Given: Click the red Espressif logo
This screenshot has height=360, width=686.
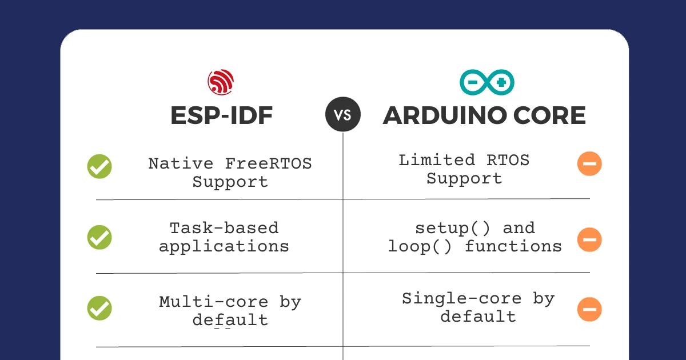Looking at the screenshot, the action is click(221, 82).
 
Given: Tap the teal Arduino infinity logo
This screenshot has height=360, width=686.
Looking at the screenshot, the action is click(487, 82).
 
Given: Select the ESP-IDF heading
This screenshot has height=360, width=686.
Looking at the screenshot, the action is click(221, 115).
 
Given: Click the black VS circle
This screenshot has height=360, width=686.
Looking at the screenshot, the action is click(343, 114).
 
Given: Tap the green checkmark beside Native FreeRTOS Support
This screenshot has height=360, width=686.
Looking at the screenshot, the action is click(99, 166).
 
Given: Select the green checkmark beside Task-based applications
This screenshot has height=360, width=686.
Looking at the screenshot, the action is click(99, 237).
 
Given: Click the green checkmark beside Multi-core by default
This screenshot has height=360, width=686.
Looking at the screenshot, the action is click(99, 308).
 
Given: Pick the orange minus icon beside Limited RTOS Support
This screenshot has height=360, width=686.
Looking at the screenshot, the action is click(589, 163).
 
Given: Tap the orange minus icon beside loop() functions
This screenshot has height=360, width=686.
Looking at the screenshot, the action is click(589, 239).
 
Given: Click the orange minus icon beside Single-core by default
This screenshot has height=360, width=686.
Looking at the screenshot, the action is click(589, 309).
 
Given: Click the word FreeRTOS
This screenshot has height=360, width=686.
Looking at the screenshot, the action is click(268, 163).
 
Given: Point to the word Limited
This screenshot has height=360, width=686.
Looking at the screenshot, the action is click(437, 160).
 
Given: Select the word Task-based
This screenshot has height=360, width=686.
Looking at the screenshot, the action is click(224, 228).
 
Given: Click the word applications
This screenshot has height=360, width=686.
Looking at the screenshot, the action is click(224, 247).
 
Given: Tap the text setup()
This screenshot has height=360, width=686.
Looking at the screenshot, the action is click(452, 228).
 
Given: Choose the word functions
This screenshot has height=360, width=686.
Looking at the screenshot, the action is click(513, 246).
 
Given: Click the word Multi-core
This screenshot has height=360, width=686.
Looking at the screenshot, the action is click(214, 302).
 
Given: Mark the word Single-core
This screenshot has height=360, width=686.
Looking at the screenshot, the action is click(461, 298).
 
